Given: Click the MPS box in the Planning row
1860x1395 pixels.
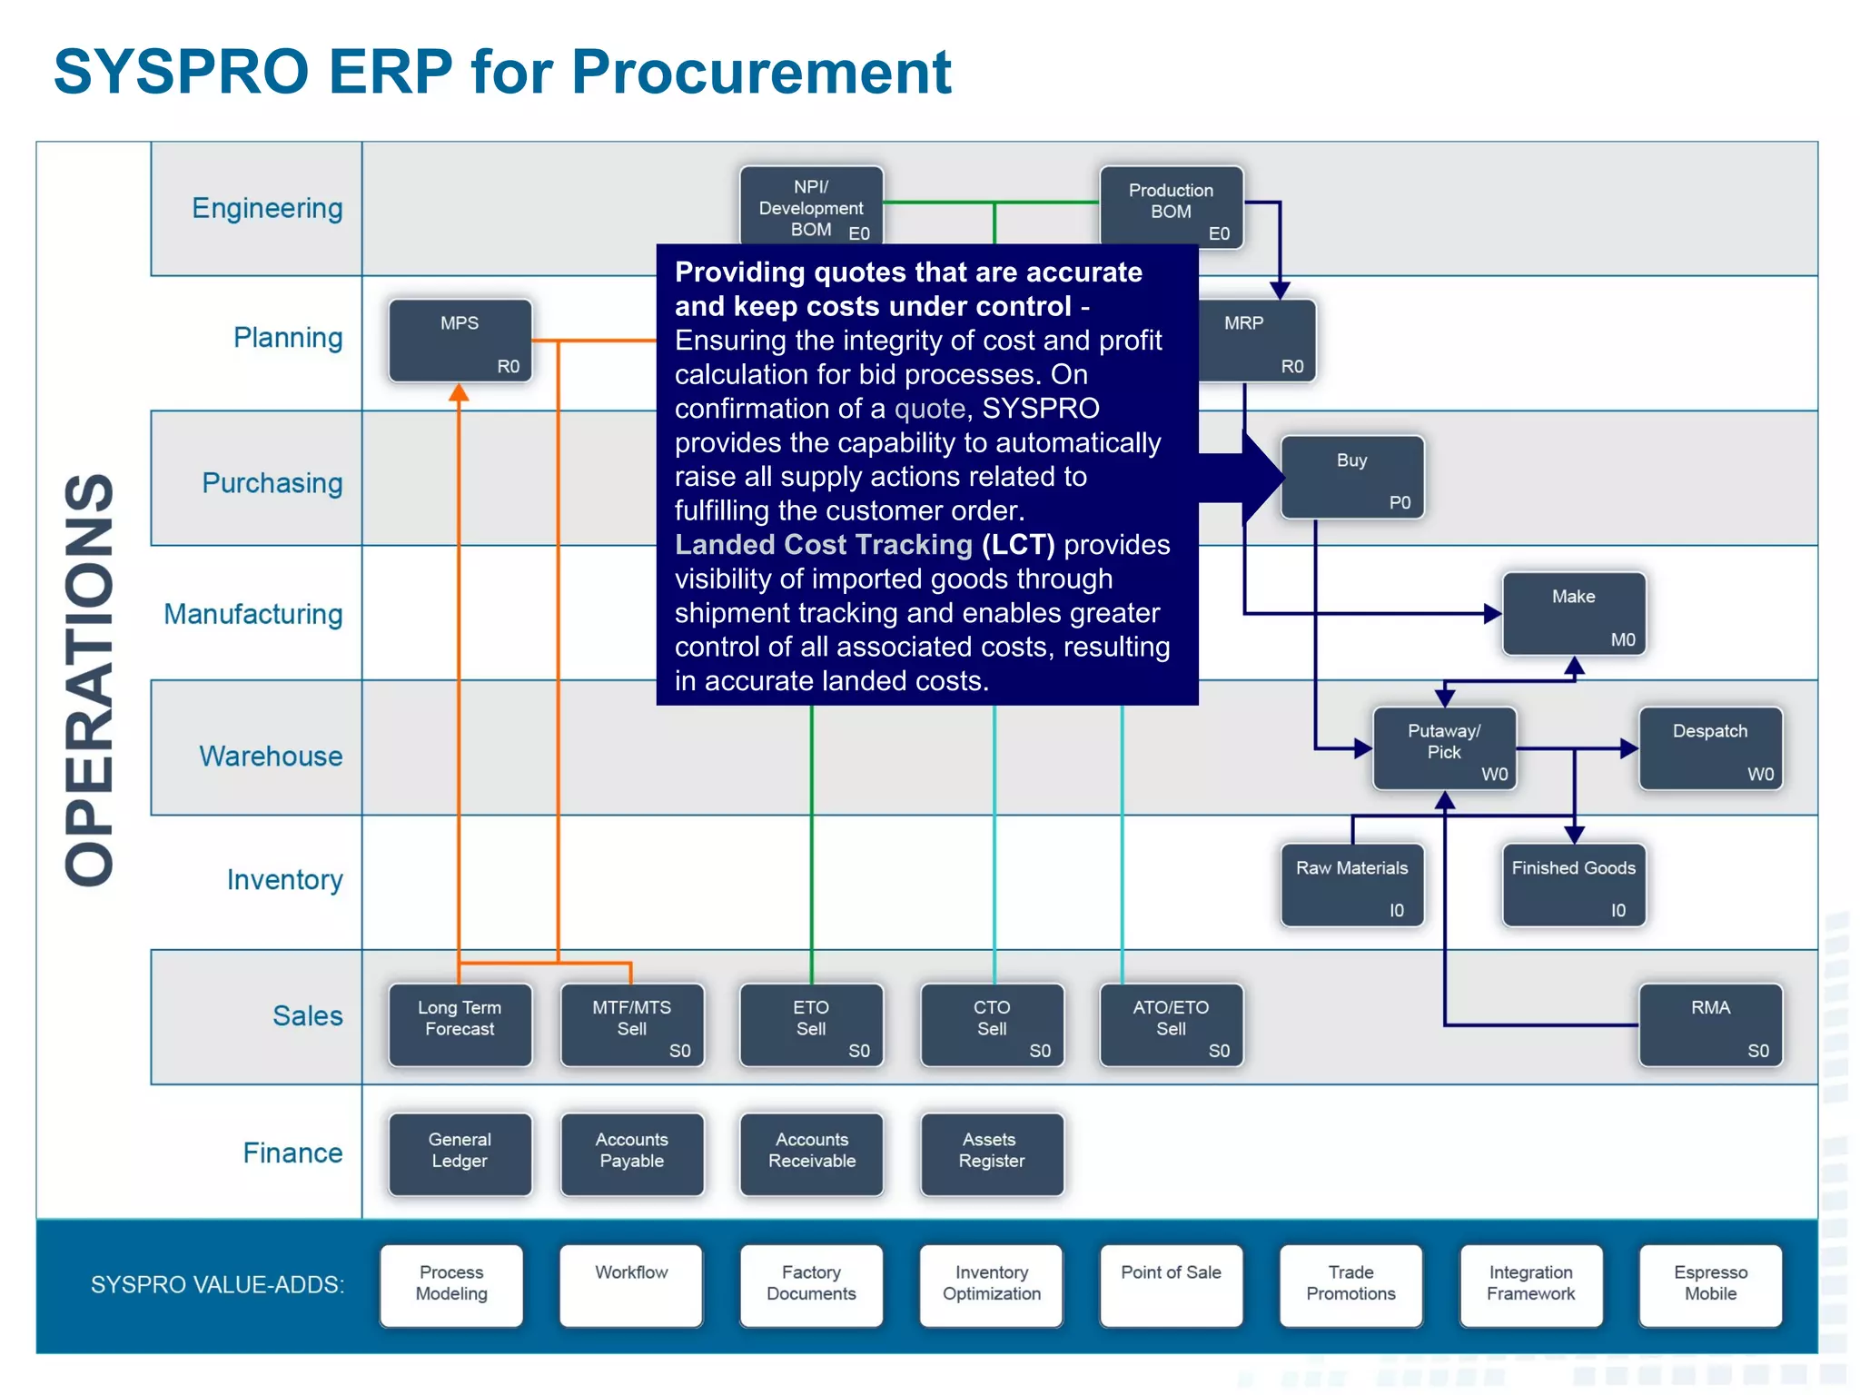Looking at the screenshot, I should click(460, 341).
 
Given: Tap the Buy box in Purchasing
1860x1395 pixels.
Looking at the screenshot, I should click(1352, 478).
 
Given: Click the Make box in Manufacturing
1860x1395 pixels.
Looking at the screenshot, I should click(1574, 613).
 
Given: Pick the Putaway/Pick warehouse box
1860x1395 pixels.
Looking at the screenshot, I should click(1444, 748).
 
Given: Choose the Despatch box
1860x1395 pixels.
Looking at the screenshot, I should click(1710, 748).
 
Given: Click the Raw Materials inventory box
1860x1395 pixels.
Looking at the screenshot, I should click(1351, 885).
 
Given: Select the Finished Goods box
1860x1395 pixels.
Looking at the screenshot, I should click(1573, 885).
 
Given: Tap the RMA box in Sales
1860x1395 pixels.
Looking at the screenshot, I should click(1710, 1024).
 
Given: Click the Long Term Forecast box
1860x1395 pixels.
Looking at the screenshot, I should click(460, 1024).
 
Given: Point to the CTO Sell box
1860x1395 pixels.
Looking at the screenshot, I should click(992, 1024).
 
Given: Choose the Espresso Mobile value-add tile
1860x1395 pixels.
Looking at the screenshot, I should click(1710, 1284).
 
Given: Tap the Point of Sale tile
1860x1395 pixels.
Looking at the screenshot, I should click(1171, 1284).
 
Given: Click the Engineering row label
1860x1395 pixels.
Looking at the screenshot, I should click(267, 209).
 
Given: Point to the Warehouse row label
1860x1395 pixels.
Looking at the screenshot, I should click(271, 756).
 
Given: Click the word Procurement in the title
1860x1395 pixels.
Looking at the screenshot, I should click(761, 73).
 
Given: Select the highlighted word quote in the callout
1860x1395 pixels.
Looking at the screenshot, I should click(929, 409).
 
